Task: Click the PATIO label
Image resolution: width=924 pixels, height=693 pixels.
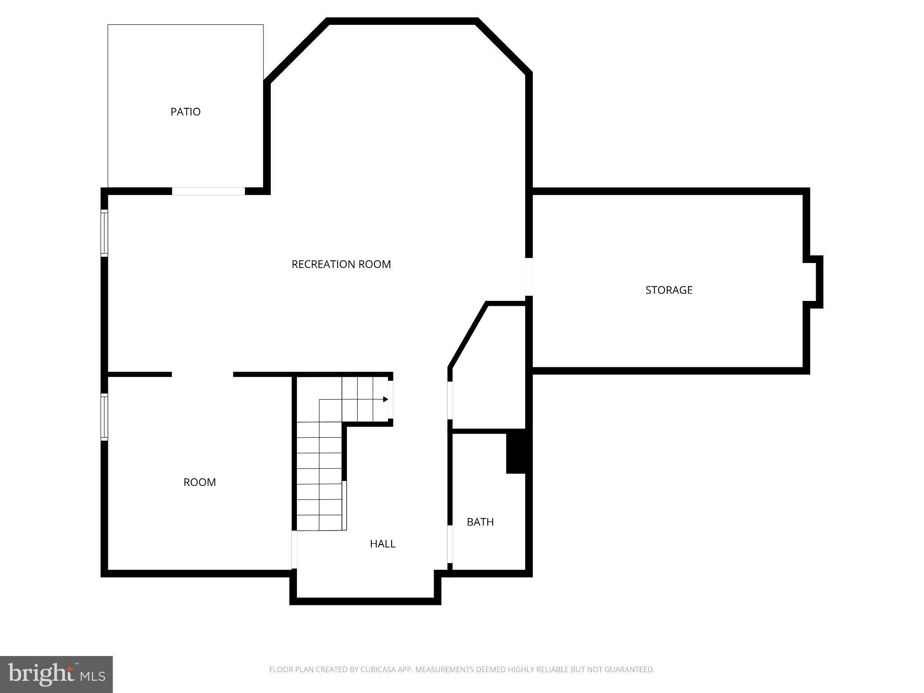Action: pyautogui.click(x=185, y=112)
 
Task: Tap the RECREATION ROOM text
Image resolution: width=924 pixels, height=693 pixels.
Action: pyautogui.click(x=341, y=264)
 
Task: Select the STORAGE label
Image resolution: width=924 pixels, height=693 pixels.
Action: pyautogui.click(x=669, y=290)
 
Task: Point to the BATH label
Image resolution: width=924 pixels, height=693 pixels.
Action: pyautogui.click(x=480, y=522)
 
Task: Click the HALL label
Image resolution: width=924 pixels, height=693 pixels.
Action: pyautogui.click(x=383, y=544)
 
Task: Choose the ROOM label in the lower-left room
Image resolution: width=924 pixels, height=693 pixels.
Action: pyautogui.click(x=199, y=482)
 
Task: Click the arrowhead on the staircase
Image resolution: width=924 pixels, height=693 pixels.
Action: pyautogui.click(x=385, y=399)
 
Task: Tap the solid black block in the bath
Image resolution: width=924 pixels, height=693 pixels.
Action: pyautogui.click(x=516, y=451)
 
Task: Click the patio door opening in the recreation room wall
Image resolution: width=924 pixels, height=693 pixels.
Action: pyautogui.click(x=208, y=191)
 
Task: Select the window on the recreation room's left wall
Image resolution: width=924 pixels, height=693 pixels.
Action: pyautogui.click(x=104, y=233)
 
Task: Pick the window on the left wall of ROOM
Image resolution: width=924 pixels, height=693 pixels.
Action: pyautogui.click(x=104, y=416)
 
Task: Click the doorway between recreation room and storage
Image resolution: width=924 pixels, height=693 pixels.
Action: pyautogui.click(x=529, y=277)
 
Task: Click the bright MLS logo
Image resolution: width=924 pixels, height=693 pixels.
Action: pyautogui.click(x=56, y=674)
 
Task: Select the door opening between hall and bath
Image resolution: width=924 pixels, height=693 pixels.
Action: pyautogui.click(x=450, y=544)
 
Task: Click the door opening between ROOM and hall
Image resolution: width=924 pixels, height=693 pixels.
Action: pyautogui.click(x=294, y=550)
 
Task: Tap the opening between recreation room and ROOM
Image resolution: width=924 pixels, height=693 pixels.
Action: pyautogui.click(x=203, y=374)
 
